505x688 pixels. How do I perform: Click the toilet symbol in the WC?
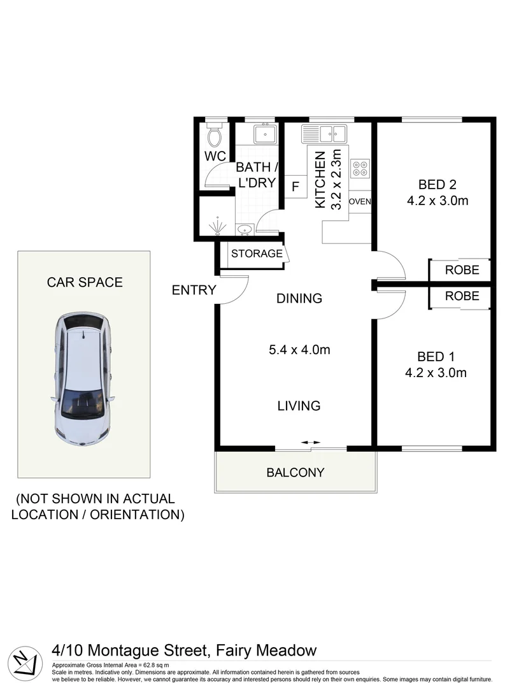click(x=214, y=135)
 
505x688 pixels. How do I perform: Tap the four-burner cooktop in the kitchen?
click(x=360, y=167)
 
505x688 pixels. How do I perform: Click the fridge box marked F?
click(x=295, y=187)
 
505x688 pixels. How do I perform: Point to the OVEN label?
click(x=360, y=202)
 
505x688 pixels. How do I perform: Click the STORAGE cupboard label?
click(x=257, y=254)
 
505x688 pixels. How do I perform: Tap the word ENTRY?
click(x=194, y=290)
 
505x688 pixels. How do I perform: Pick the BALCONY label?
click(x=295, y=473)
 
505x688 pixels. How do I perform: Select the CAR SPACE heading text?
click(x=85, y=282)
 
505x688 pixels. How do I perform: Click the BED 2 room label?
click(x=437, y=185)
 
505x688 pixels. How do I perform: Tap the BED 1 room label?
click(x=436, y=357)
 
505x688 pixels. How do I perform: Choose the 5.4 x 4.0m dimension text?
click(x=299, y=350)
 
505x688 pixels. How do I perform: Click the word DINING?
click(x=299, y=298)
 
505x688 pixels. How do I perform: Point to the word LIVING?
click(x=299, y=406)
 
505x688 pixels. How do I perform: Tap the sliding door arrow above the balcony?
click(x=311, y=442)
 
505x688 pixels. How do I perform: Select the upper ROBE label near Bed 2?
click(x=462, y=270)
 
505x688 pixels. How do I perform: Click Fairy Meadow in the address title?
click(x=266, y=650)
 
